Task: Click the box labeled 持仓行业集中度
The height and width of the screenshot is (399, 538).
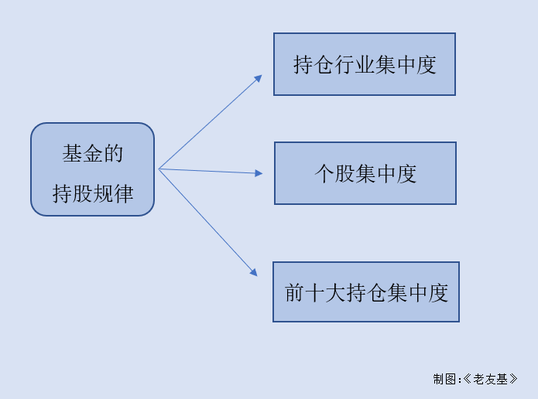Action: click(x=365, y=64)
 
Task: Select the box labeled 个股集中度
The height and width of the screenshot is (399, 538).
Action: click(x=365, y=173)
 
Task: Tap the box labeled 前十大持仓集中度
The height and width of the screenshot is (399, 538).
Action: click(x=366, y=292)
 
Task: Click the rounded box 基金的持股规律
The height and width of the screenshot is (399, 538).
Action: click(x=93, y=169)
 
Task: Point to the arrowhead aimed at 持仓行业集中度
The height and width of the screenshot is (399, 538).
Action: click(x=259, y=78)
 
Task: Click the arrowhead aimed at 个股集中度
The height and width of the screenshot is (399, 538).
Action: click(x=259, y=173)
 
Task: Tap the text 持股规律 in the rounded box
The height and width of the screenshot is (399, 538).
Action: click(x=93, y=193)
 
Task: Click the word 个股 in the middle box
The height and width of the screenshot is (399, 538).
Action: click(x=335, y=174)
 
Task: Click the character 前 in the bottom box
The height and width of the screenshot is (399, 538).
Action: click(x=294, y=293)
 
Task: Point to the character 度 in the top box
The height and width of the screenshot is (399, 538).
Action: click(x=427, y=64)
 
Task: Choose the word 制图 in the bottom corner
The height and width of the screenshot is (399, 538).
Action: click(x=444, y=379)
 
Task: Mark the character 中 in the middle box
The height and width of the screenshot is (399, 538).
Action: click(x=386, y=174)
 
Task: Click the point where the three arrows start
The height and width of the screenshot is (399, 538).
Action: click(x=159, y=169)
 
